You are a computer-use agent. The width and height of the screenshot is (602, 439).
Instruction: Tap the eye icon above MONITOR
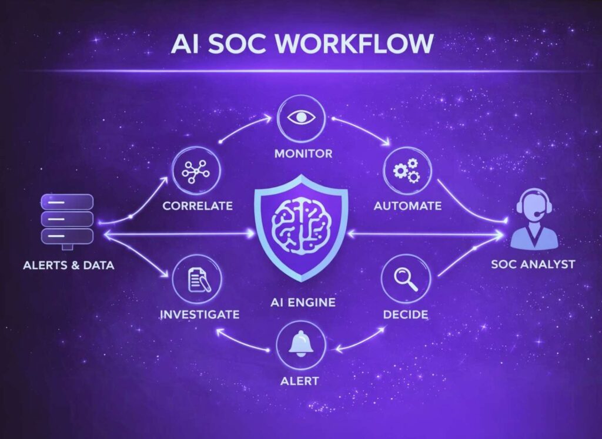(x=301, y=116)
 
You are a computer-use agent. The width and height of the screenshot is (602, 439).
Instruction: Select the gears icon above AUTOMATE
(x=406, y=170)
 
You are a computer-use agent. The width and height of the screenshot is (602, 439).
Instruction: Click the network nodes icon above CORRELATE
(x=196, y=170)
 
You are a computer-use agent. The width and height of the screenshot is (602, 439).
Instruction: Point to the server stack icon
(x=67, y=219)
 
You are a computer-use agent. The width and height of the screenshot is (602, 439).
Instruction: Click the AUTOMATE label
(x=407, y=206)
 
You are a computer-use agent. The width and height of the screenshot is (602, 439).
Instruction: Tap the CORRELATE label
(x=198, y=206)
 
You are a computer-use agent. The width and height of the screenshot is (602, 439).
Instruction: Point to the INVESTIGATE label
(x=200, y=314)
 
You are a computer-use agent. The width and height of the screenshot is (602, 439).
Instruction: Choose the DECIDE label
(x=406, y=314)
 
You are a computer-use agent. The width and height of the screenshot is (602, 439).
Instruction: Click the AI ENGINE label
(x=300, y=303)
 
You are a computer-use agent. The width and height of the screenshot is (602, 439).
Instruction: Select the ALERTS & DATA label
(x=69, y=265)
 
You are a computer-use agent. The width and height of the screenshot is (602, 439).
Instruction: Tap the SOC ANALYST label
(x=533, y=264)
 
